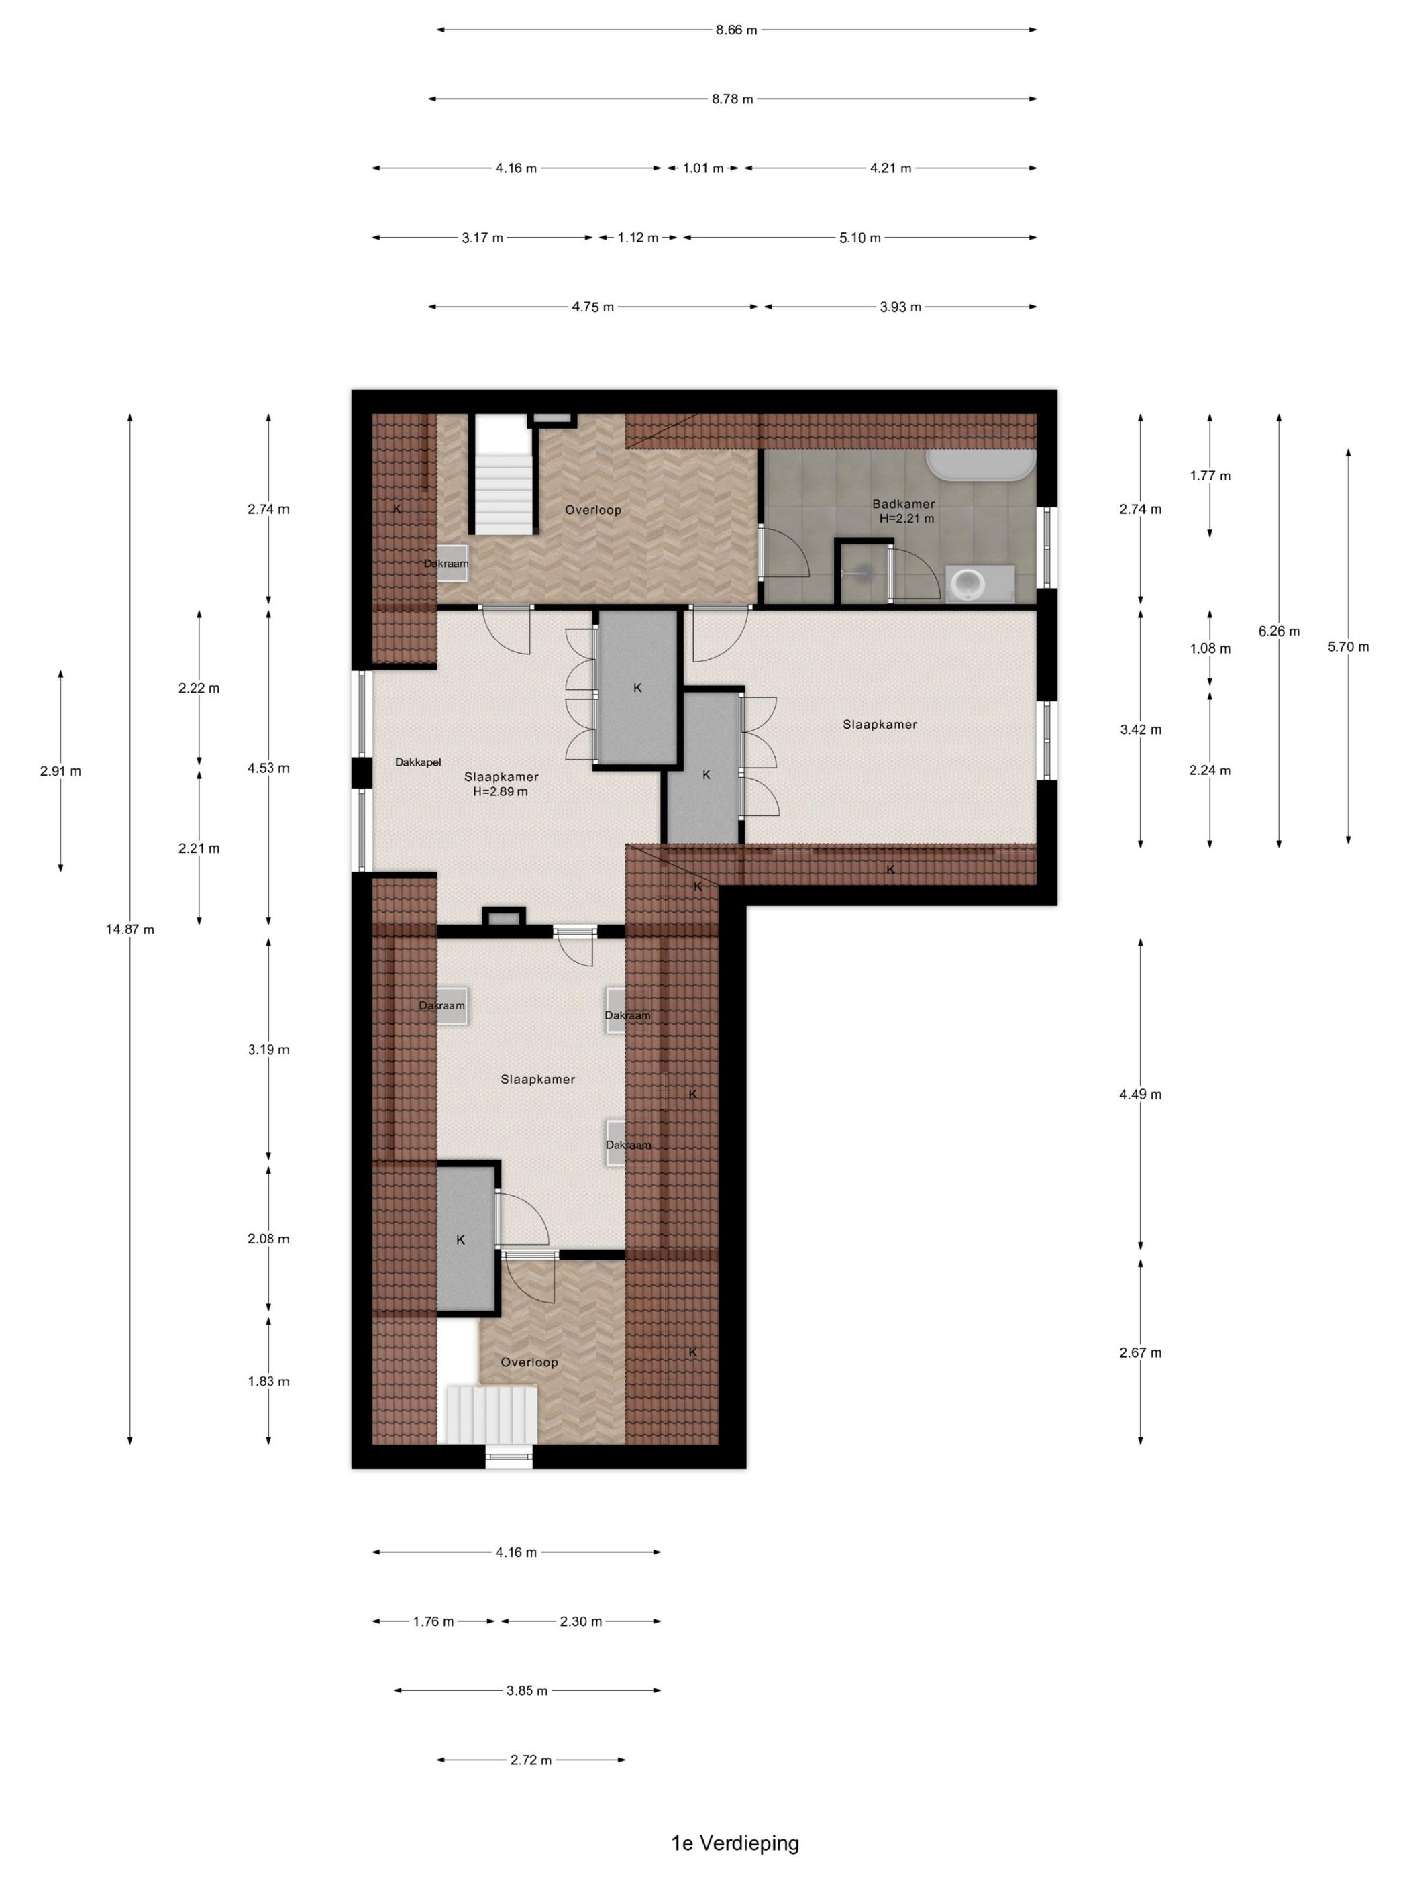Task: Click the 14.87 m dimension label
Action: pyautogui.click(x=130, y=929)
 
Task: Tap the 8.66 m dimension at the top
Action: pyautogui.click(x=736, y=30)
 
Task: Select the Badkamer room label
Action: pyautogui.click(x=904, y=504)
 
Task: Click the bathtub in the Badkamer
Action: pyautogui.click(x=981, y=464)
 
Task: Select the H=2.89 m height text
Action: pyautogui.click(x=501, y=792)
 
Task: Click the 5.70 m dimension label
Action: pyautogui.click(x=1348, y=646)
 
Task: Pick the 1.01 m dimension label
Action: pyautogui.click(x=703, y=168)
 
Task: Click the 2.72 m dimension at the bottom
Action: pyautogui.click(x=531, y=1760)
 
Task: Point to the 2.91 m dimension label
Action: pyautogui.click(x=60, y=771)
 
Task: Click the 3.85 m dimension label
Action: pyautogui.click(x=527, y=1690)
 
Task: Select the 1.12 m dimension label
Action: pyautogui.click(x=638, y=238)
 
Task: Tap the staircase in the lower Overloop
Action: pyautogui.click(x=492, y=1415)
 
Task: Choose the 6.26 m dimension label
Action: pyautogui.click(x=1279, y=631)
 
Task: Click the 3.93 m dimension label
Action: pyautogui.click(x=900, y=307)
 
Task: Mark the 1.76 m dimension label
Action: pyautogui.click(x=433, y=1621)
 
